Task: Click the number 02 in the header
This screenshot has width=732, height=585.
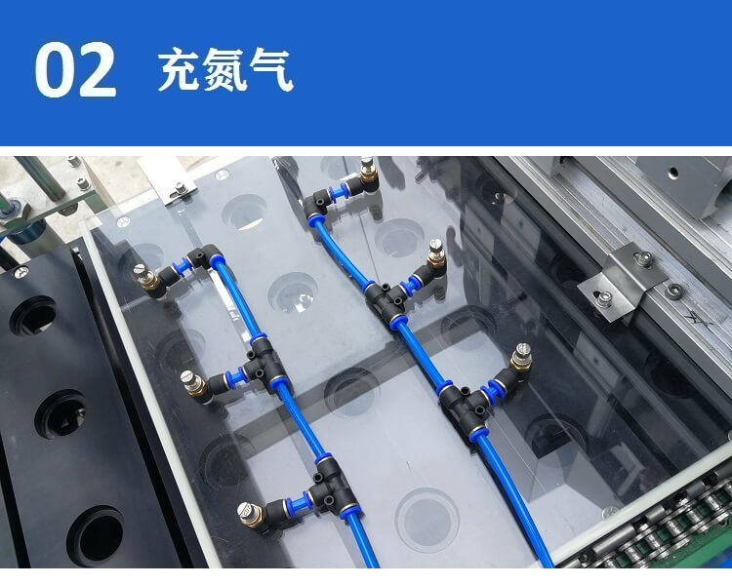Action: click(75, 69)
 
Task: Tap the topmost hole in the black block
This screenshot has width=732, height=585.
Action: click(33, 316)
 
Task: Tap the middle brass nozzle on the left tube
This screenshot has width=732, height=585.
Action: click(194, 383)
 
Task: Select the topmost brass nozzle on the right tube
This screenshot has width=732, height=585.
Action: click(366, 172)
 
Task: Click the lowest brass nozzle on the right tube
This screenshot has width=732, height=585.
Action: click(521, 358)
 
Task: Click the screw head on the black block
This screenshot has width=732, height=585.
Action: click(20, 271)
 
